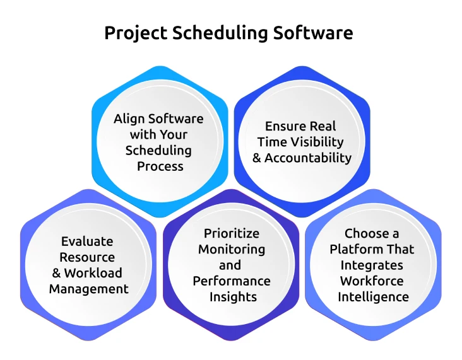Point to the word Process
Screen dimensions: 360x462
pyautogui.click(x=160, y=166)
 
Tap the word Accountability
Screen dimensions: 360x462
pyautogui.click(x=308, y=158)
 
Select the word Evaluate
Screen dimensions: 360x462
pyautogui.click(x=87, y=241)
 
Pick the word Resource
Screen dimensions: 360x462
pyautogui.click(x=88, y=257)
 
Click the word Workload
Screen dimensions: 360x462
pyautogui.click(x=93, y=273)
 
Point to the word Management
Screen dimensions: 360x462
pyautogui.click(x=88, y=289)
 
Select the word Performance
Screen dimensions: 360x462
pyautogui.click(x=232, y=281)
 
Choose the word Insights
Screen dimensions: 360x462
pyautogui.click(x=231, y=296)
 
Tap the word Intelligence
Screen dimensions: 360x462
pyautogui.click(x=373, y=296)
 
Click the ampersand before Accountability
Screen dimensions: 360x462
pyautogui.click(x=257, y=158)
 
